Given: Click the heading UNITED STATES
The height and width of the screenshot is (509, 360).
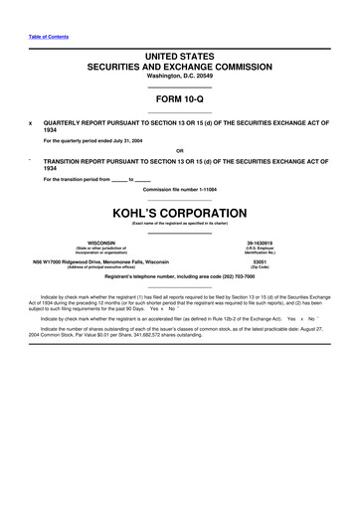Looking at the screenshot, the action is point(179,60).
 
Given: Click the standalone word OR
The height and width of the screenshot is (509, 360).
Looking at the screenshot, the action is point(179,150).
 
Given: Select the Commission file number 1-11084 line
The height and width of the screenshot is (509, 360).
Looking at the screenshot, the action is point(179,189).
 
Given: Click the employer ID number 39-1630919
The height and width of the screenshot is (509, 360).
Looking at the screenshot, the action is point(260,242).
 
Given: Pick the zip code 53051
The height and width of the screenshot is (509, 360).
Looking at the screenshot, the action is point(260,262).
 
